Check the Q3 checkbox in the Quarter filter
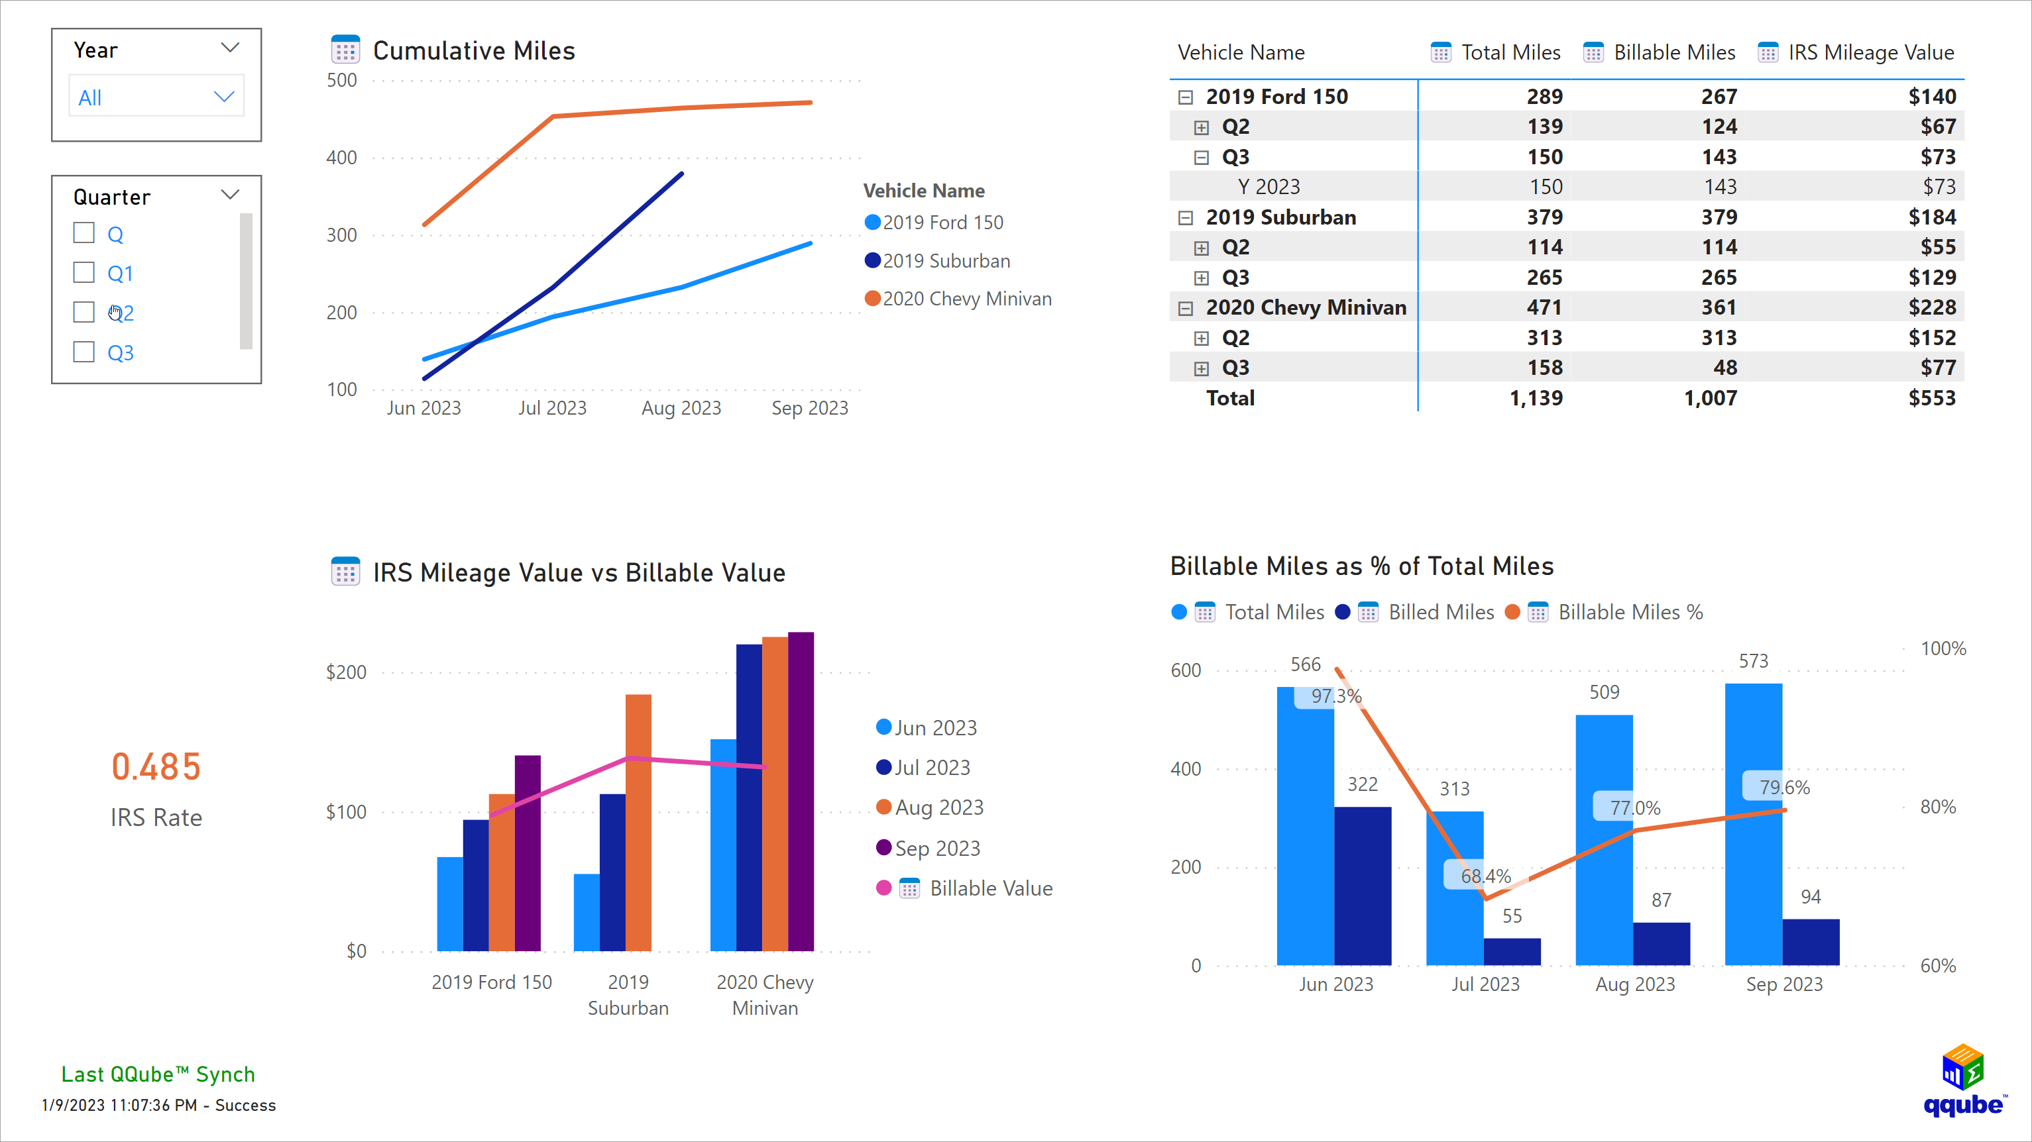(x=84, y=352)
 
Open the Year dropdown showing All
(x=156, y=97)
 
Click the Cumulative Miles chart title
(x=473, y=50)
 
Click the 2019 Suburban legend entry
(x=945, y=261)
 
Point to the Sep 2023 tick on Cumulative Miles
(x=809, y=408)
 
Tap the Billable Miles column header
(x=1674, y=53)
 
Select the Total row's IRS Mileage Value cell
(x=1931, y=398)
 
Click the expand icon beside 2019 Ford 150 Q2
(x=1201, y=128)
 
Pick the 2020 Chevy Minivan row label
(x=1306, y=307)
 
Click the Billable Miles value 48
(x=1724, y=368)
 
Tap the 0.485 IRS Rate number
(x=156, y=766)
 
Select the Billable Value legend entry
(x=990, y=889)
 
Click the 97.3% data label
(x=1335, y=696)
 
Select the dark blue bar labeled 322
(x=1363, y=883)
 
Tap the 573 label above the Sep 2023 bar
(x=1753, y=662)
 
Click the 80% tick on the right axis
(x=1937, y=807)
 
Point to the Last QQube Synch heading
(x=158, y=1074)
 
